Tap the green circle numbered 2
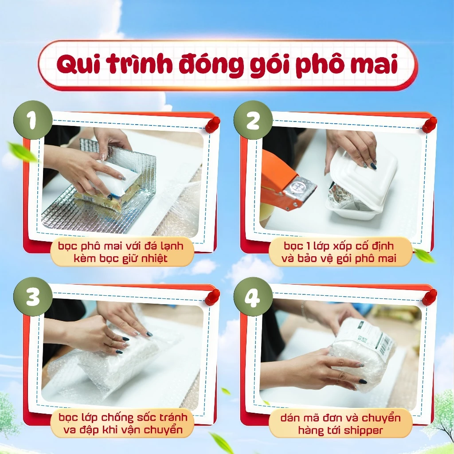point(253,120)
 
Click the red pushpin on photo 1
point(213,124)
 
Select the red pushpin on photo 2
point(429,124)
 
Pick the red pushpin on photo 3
point(213,296)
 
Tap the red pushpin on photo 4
point(429,296)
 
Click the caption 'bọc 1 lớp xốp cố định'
point(339,245)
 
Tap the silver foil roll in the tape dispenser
point(301,187)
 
